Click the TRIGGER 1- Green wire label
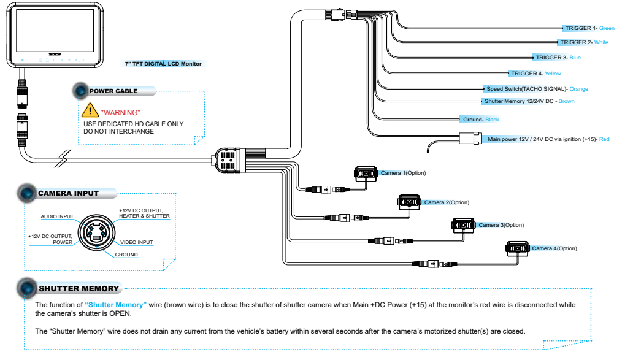click(590, 28)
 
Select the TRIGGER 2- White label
click(584, 42)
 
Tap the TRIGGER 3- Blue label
click(558, 58)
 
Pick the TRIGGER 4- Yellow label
click(536, 74)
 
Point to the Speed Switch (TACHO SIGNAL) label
click(537, 89)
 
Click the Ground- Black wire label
click(481, 120)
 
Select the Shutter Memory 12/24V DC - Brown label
click(529, 101)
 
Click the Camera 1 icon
click(366, 174)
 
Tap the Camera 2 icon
click(409, 202)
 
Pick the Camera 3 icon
click(464, 225)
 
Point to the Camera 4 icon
click(518, 248)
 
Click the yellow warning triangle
click(90, 110)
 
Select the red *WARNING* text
click(121, 113)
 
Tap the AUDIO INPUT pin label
click(57, 216)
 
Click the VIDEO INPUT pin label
click(136, 243)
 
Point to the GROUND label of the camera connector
click(126, 255)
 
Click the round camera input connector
click(96, 233)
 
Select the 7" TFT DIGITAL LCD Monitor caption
click(163, 64)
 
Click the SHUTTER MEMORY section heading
click(79, 289)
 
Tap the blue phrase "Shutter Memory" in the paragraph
click(115, 305)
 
